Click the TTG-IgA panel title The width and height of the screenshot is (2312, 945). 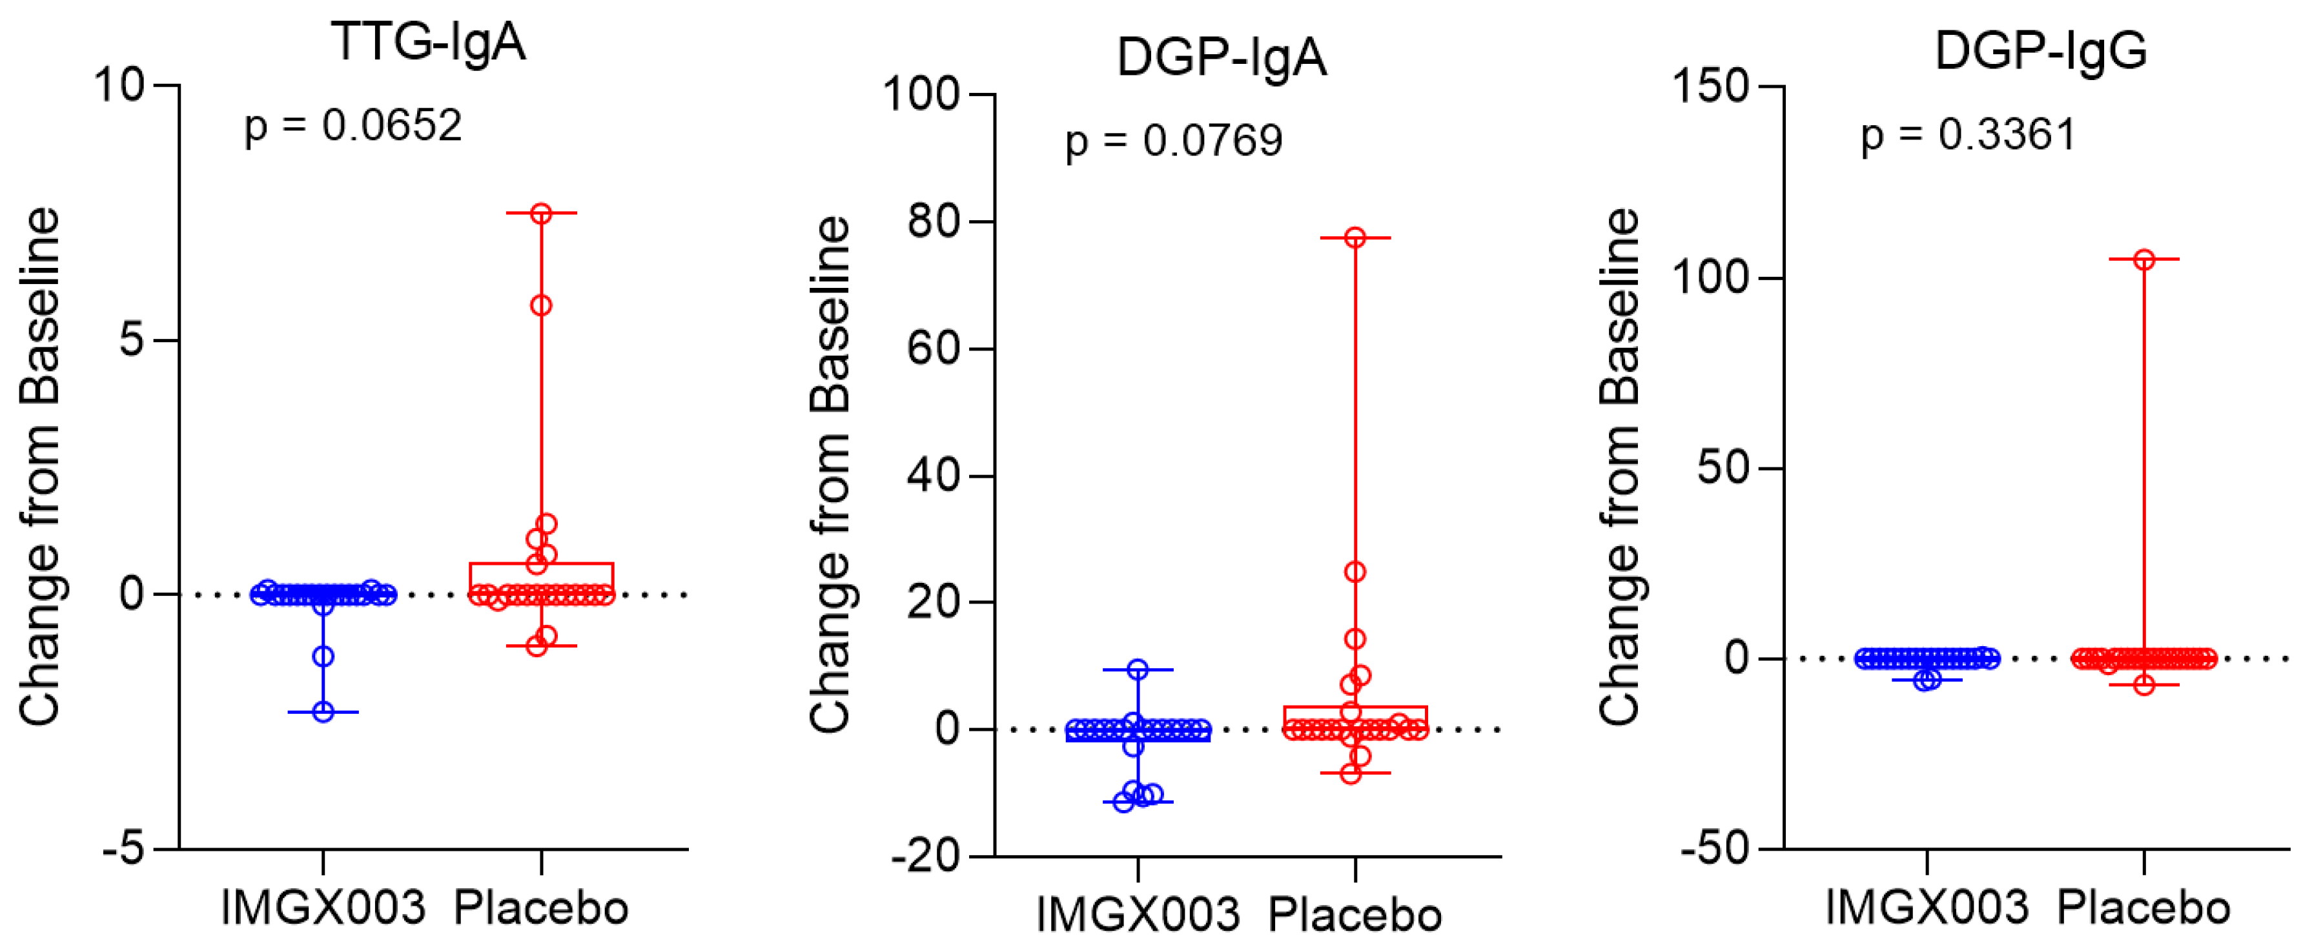pyautogui.click(x=428, y=42)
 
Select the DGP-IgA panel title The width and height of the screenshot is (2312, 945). pyautogui.click(x=1221, y=58)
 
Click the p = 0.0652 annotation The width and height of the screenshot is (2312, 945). pyautogui.click(x=353, y=126)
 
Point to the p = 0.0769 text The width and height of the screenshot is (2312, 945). pyautogui.click(x=1173, y=141)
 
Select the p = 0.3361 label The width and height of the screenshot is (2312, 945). pyautogui.click(x=1969, y=136)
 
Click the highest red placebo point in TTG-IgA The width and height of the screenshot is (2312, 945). pyautogui.click(x=541, y=214)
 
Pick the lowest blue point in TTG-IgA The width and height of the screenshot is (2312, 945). pyautogui.click(x=323, y=712)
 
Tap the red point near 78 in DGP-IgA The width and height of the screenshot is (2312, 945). pyautogui.click(x=1355, y=238)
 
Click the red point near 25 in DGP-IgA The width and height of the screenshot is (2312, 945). pyautogui.click(x=1355, y=572)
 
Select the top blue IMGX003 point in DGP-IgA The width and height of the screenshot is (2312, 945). pyautogui.click(x=1138, y=669)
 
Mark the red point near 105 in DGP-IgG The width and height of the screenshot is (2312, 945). pyautogui.click(x=2144, y=260)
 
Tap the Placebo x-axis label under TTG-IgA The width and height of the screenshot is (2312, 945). pyautogui.click(x=540, y=908)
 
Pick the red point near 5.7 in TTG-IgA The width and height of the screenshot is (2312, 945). pyautogui.click(x=541, y=306)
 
